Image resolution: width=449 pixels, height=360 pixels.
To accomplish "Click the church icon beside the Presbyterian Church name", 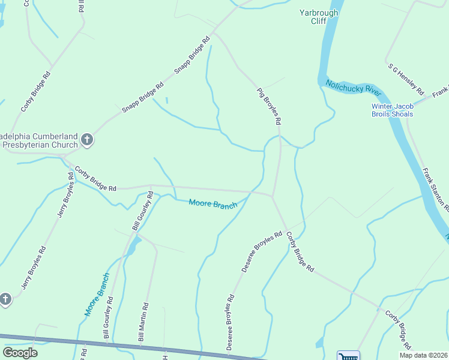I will [87, 140].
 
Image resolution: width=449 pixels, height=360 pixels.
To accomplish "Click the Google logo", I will [20, 353].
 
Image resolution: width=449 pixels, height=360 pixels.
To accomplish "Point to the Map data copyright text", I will [424, 355].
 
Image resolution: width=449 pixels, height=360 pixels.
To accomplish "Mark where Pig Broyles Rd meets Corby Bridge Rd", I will [273, 196].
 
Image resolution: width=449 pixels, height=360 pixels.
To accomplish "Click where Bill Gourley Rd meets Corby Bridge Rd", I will [150, 186].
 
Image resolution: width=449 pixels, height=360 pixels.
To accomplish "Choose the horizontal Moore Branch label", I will [213, 204].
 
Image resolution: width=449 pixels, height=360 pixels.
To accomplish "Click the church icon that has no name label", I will [5, 298].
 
